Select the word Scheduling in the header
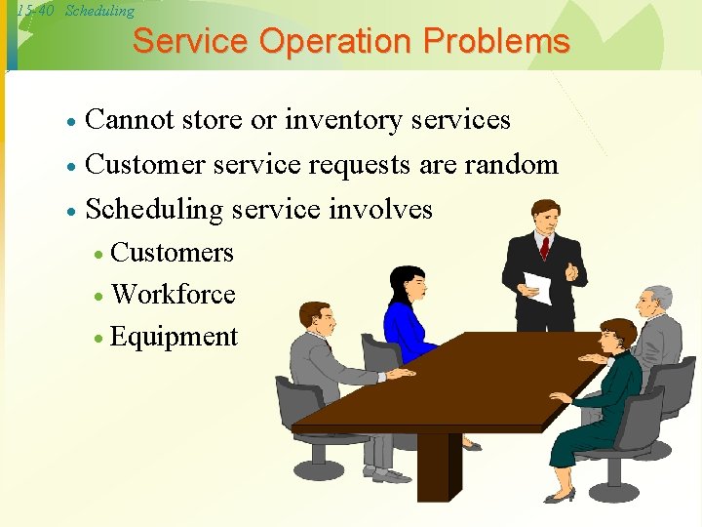point(99,11)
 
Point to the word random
point(511,164)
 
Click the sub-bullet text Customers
point(173,253)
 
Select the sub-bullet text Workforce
point(174,294)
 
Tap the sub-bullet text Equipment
point(175,337)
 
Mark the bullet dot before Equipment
point(99,339)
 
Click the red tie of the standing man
point(545,247)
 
